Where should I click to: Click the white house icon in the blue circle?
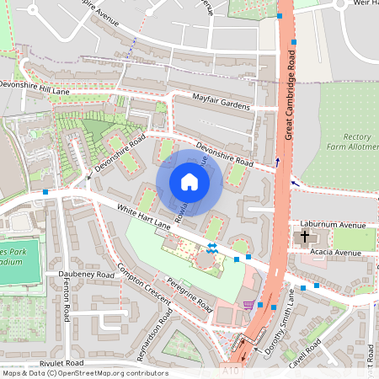[189, 182]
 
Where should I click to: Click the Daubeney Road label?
[86, 275]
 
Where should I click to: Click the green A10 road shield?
[232, 370]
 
